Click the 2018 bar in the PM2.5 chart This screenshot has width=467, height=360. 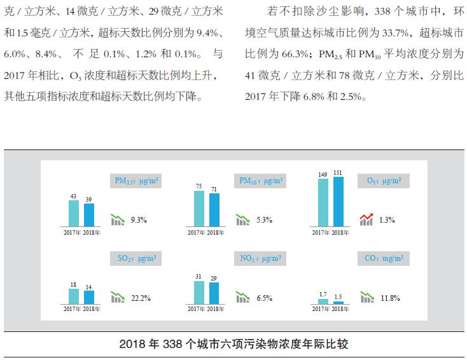(89, 215)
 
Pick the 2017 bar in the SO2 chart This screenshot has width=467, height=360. (74, 296)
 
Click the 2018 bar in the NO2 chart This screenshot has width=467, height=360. (214, 293)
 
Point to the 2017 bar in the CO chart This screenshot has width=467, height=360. (323, 301)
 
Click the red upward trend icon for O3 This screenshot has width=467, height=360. (366, 219)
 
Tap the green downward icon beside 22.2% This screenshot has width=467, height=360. (118, 297)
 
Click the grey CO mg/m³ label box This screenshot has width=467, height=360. (384, 258)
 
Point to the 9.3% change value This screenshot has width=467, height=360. (139, 220)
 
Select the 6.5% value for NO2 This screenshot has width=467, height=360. (265, 298)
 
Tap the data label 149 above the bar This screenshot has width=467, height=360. (323, 173)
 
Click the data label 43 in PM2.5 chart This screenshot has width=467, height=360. (74, 196)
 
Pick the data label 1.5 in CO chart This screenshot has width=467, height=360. (338, 296)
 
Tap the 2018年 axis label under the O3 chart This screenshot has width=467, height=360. (340, 232)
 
